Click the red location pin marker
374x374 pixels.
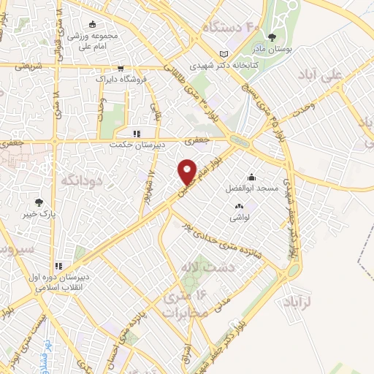pyautogui.click(x=187, y=171)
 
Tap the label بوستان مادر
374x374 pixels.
pyautogui.click(x=272, y=50)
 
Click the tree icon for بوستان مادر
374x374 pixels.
pyautogui.click(x=272, y=37)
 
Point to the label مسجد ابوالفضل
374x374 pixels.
pyautogui.click(x=253, y=188)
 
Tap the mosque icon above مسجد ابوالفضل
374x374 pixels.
pyautogui.click(x=252, y=176)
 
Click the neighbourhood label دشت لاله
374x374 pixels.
pyautogui.click(x=196, y=272)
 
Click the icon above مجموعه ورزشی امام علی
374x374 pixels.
pyautogui.click(x=91, y=24)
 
